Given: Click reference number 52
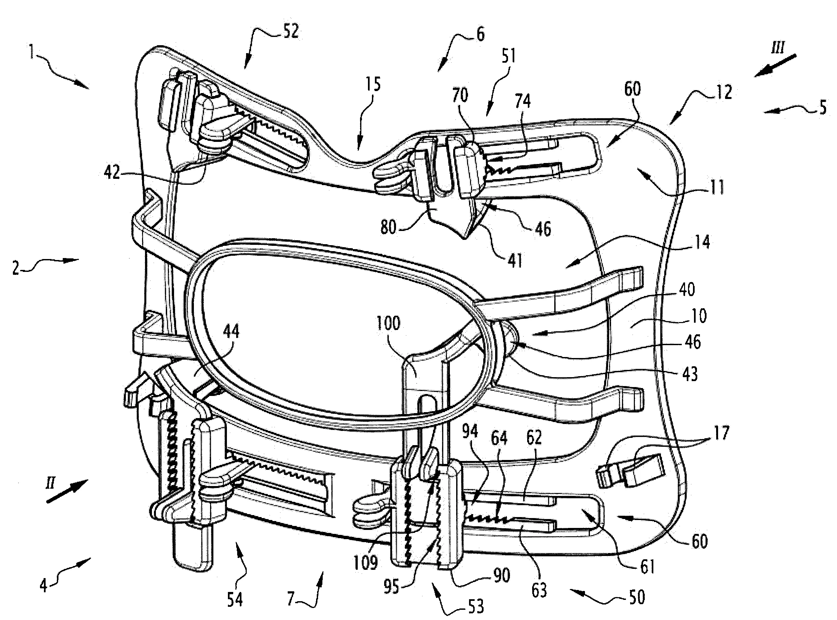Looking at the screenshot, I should click(291, 31).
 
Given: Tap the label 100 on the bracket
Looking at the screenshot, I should click(388, 323).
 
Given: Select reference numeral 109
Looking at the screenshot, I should click(366, 563).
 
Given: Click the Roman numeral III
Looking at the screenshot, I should click(777, 48).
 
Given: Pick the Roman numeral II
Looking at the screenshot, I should click(50, 484).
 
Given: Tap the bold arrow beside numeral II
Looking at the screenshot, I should click(67, 491).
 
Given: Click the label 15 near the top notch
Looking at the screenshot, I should click(372, 84).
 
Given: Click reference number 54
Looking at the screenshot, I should click(235, 599).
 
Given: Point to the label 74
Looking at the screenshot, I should click(523, 101).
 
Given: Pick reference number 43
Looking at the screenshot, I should click(690, 374).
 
